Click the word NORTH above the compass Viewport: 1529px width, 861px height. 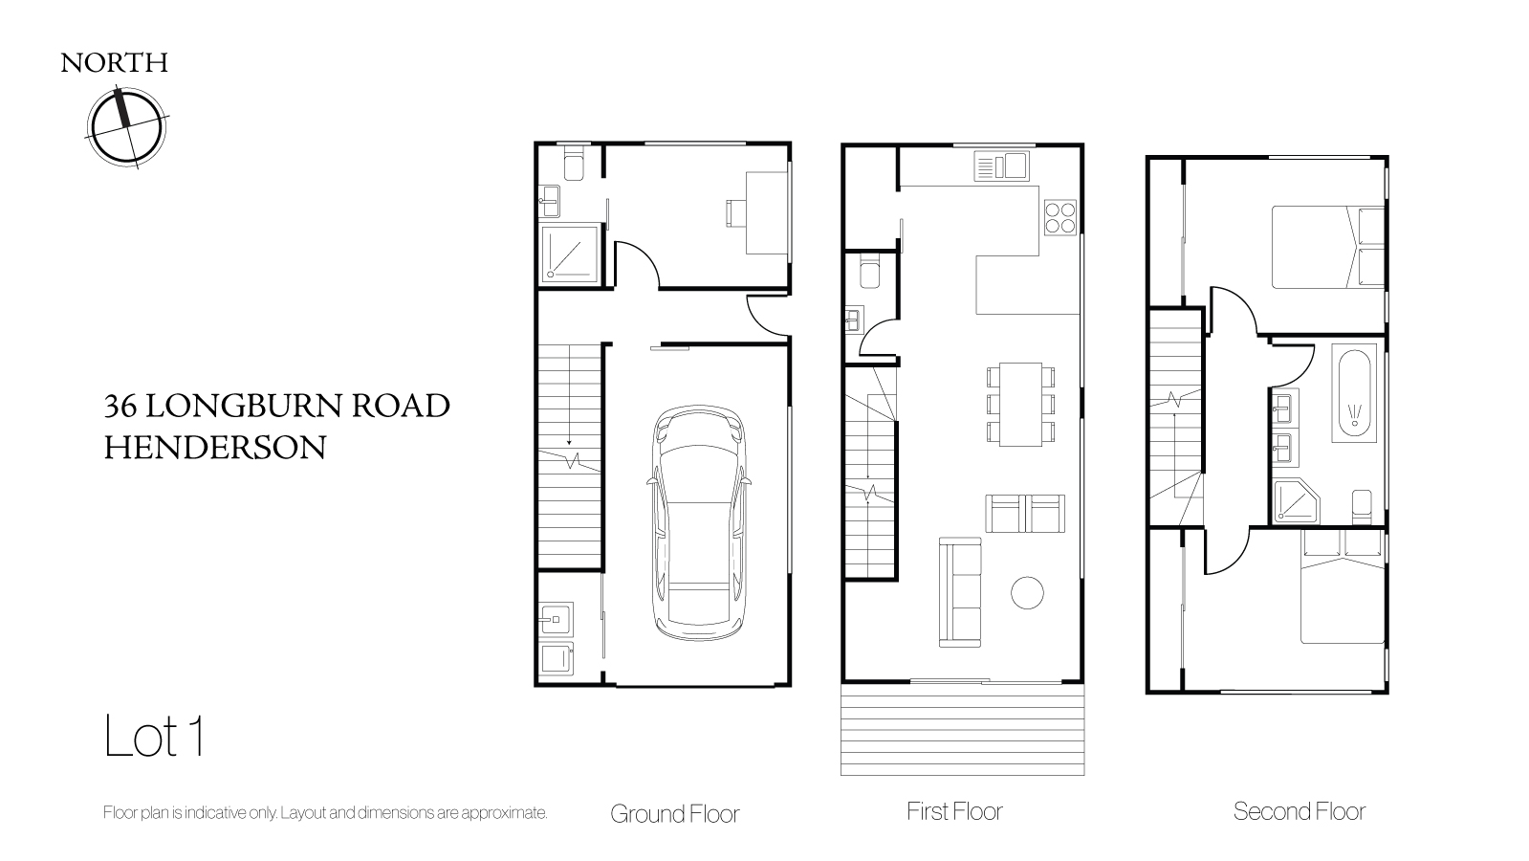(114, 63)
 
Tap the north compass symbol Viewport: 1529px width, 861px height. (127, 127)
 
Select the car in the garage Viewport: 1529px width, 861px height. (699, 522)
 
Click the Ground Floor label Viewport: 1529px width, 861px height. (674, 814)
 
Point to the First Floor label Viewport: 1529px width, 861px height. (954, 811)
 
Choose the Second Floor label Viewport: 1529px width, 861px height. (1299, 811)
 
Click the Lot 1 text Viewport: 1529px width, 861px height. (154, 736)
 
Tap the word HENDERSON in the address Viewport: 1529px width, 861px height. (215, 448)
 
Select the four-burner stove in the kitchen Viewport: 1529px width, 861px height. (1060, 218)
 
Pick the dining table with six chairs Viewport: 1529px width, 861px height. (1020, 405)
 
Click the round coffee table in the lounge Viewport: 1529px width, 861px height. (1027, 593)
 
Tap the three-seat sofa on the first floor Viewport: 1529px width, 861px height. (960, 592)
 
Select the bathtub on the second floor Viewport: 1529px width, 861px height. (1354, 393)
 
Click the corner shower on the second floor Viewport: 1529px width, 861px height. (1297, 502)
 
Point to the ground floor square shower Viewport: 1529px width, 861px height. (570, 254)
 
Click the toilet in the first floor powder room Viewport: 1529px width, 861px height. (869, 271)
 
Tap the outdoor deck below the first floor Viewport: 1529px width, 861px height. (963, 729)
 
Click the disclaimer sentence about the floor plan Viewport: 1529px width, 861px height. (325, 812)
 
